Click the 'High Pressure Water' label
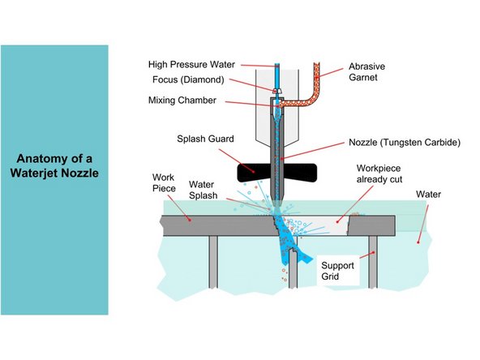(x=191, y=65)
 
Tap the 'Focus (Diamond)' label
(x=188, y=79)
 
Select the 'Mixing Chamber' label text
(x=182, y=100)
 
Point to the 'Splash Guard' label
(x=205, y=139)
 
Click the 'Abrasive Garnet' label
(x=366, y=72)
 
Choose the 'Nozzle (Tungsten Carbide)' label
(x=405, y=143)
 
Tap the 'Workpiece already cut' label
(x=379, y=174)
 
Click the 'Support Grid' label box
(x=337, y=271)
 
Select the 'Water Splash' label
(x=203, y=190)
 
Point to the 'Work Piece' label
(x=164, y=182)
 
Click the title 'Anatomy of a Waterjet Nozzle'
(x=54, y=165)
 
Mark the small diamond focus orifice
(x=277, y=91)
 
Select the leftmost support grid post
(x=213, y=262)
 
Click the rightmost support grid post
(x=372, y=262)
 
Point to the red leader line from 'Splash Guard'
(x=236, y=161)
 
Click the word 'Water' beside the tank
(x=428, y=195)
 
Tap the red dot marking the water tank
(x=418, y=242)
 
